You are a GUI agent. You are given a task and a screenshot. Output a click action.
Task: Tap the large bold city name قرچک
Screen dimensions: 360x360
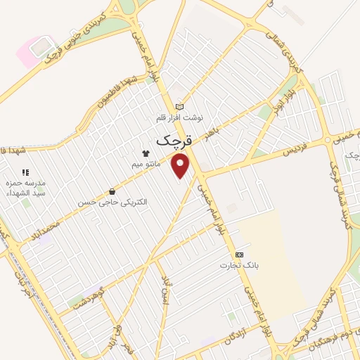click(173, 140)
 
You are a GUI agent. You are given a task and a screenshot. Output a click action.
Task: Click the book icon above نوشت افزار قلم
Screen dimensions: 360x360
click(179, 107)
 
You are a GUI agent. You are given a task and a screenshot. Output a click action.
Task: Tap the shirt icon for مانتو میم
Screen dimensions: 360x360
click(146, 153)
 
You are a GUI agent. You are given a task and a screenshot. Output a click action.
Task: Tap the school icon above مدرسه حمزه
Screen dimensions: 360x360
click(25, 172)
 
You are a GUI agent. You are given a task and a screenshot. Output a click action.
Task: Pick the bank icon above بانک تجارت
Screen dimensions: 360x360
click(240, 253)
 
